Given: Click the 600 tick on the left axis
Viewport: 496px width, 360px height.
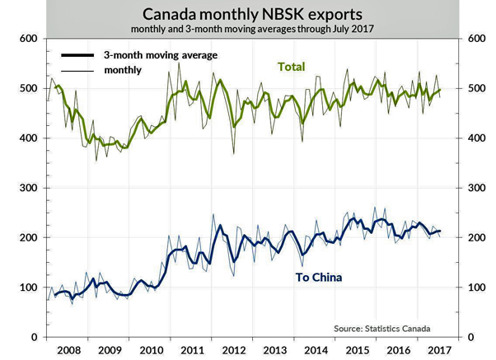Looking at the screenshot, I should click(27, 39).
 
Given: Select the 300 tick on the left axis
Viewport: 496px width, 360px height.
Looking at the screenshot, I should click(27, 188).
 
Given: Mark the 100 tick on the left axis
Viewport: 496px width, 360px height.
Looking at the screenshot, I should click(27, 288).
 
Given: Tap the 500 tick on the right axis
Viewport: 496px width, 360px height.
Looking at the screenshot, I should click(477, 88).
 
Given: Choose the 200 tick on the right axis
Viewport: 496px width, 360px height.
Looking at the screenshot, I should click(477, 237).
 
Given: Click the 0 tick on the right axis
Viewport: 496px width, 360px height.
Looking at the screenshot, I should click(471, 337).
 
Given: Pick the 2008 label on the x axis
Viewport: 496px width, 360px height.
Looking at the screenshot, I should click(68, 350).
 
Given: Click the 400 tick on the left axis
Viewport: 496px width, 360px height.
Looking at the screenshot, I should click(27, 138).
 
